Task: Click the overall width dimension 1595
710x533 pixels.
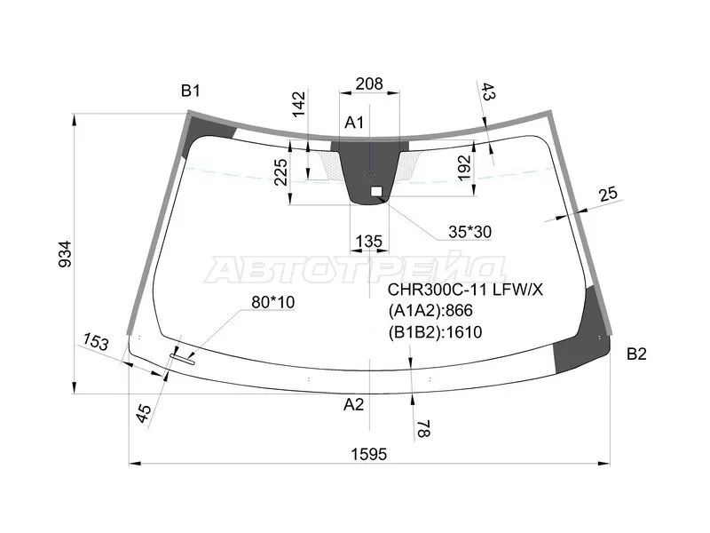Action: click(369, 454)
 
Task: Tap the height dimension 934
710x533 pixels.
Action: click(65, 254)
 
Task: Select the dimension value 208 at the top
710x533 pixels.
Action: click(369, 84)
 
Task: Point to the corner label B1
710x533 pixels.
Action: click(190, 91)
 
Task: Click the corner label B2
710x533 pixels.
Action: click(636, 354)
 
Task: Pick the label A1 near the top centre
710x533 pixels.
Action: click(354, 123)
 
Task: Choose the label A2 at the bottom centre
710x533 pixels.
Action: click(353, 404)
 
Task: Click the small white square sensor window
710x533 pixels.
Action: click(376, 191)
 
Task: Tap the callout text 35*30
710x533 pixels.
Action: click(469, 232)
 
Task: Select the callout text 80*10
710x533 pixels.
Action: click(273, 302)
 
